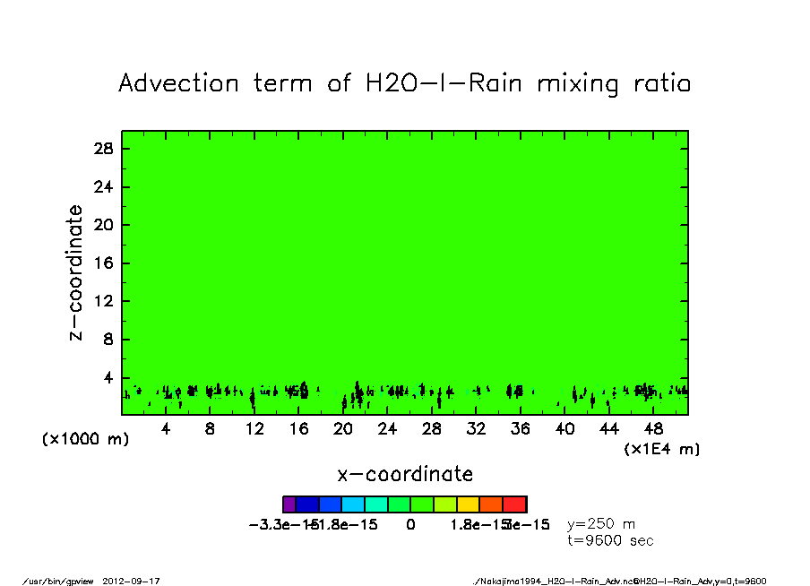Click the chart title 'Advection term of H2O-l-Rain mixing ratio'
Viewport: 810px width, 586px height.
click(x=405, y=84)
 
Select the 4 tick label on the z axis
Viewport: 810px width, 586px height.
click(x=109, y=378)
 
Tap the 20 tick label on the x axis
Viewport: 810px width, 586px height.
click(x=343, y=429)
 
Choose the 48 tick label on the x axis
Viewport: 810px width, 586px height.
click(x=654, y=429)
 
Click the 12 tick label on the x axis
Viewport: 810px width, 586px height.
click(x=254, y=429)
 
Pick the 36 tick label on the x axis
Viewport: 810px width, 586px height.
click(x=521, y=429)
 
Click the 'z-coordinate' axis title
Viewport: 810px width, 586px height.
click(x=76, y=272)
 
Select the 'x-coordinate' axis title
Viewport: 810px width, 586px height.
click(x=405, y=474)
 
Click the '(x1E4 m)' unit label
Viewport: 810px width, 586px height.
click(x=662, y=449)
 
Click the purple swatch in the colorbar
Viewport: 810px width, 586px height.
click(x=289, y=504)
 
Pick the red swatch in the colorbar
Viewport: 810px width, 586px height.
click(x=514, y=504)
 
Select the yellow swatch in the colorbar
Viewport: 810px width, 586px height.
click(x=468, y=504)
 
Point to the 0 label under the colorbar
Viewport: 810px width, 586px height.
click(x=410, y=524)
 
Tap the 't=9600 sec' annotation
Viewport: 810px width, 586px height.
click(x=610, y=540)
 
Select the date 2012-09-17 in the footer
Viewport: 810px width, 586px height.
click(x=137, y=581)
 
